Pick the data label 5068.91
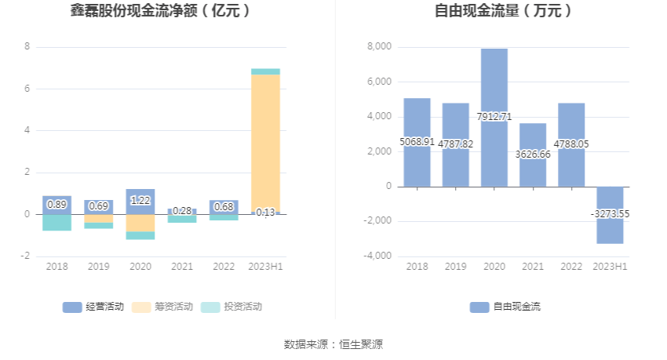tap(417, 142)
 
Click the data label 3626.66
tap(533, 155)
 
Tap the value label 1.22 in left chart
tap(140, 201)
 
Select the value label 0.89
tap(56, 205)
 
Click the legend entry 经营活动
tap(93, 307)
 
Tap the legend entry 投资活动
tap(231, 307)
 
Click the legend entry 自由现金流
tap(506, 307)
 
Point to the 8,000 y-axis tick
tap(379, 47)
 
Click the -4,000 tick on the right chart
tap(377, 256)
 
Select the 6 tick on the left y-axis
tap(27, 89)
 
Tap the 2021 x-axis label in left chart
tap(182, 267)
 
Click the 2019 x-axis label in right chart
tap(455, 267)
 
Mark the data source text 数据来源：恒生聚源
tap(333, 344)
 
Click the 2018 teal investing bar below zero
tap(56, 222)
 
